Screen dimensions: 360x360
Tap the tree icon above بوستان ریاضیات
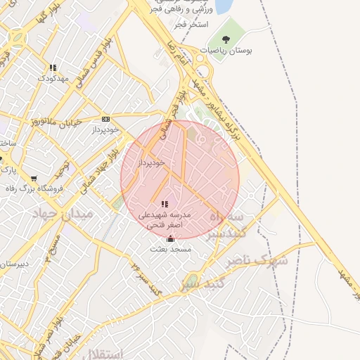pyautogui.click(x=226, y=39)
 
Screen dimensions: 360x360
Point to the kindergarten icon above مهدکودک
pyautogui.click(x=53, y=68)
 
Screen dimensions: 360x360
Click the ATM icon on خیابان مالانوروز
pyautogui.click(x=106, y=120)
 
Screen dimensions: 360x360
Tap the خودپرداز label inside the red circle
pyautogui.click(x=151, y=162)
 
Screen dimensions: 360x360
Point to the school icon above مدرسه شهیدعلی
pyautogui.click(x=165, y=205)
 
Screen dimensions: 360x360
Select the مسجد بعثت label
pyautogui.click(x=168, y=248)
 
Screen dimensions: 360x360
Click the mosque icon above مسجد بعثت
pyautogui.click(x=170, y=238)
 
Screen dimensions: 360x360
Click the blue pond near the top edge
pyautogui.click(x=224, y=6)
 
